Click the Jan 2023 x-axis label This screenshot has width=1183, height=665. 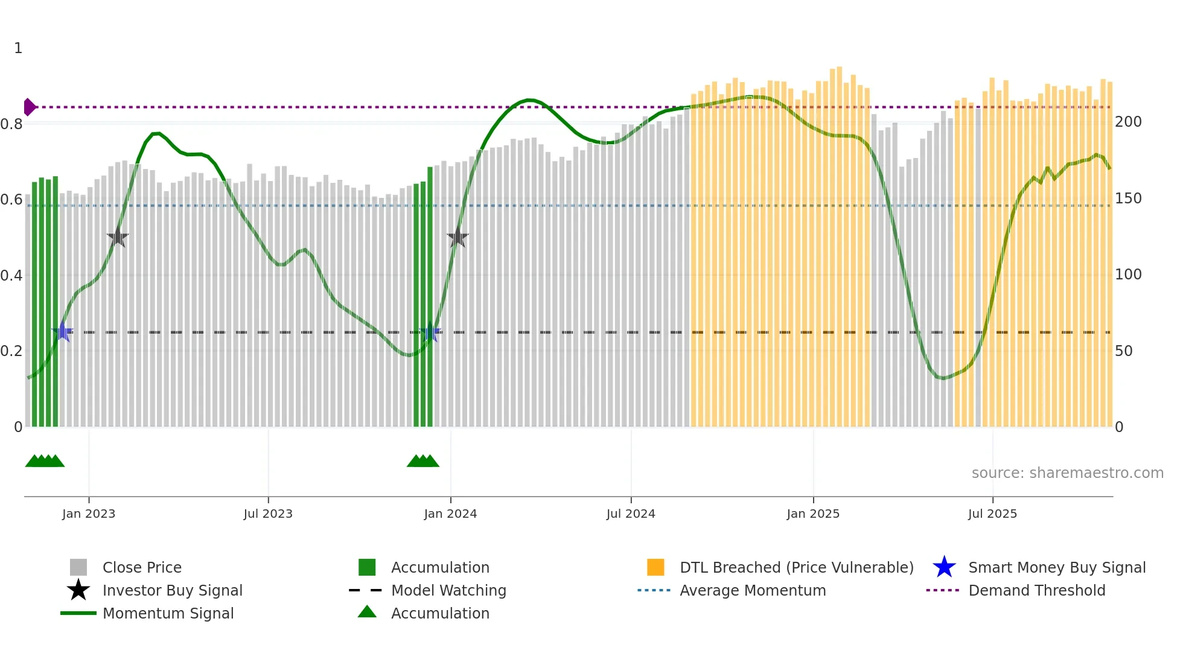coord(88,514)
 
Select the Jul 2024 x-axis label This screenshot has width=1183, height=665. coord(631,514)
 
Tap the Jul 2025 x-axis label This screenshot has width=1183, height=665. coord(992,514)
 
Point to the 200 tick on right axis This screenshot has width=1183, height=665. coord(1128,122)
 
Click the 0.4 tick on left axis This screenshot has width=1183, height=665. coord(11,276)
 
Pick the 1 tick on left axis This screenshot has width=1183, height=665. coord(18,48)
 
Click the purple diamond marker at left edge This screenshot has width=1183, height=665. coord(29,107)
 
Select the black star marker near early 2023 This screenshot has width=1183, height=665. coord(118,238)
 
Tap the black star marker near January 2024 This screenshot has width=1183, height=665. coord(458,238)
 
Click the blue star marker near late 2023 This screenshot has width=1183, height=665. coord(430,332)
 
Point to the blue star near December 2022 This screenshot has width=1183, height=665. coord(62,332)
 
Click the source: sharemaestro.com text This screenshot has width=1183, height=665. coord(1067,473)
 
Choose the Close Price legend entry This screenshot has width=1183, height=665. coord(142,567)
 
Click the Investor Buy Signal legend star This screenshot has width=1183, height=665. coord(78,590)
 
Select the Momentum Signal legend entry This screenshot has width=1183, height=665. coord(168,613)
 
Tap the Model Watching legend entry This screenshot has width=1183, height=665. coord(448,590)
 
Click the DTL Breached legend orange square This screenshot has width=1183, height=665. coord(655,567)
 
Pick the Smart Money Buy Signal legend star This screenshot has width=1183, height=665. coord(944,567)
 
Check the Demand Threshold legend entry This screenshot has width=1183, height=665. coord(1036,590)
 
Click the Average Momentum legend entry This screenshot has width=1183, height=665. coord(753,590)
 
